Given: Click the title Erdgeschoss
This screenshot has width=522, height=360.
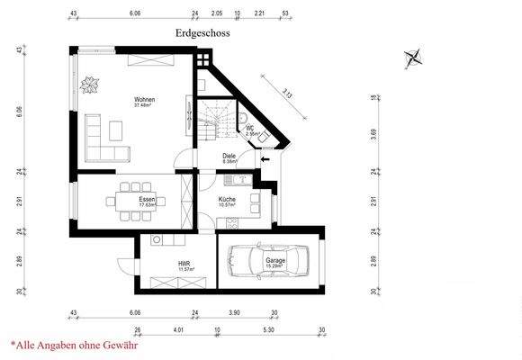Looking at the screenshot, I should (x=202, y=33).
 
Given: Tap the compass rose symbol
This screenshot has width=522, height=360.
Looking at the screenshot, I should (x=413, y=59).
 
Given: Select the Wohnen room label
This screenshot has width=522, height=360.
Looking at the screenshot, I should (x=145, y=101).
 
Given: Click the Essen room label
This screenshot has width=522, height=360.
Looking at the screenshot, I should (x=148, y=200).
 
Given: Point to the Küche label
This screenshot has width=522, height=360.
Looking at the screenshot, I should (x=228, y=200).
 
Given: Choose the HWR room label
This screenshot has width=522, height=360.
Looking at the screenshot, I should (x=185, y=265).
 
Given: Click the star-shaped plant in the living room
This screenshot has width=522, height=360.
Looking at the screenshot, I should (x=91, y=86).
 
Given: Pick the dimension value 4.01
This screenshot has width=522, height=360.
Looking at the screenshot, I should (x=180, y=329).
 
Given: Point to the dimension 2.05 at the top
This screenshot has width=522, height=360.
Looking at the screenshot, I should (x=216, y=14).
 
